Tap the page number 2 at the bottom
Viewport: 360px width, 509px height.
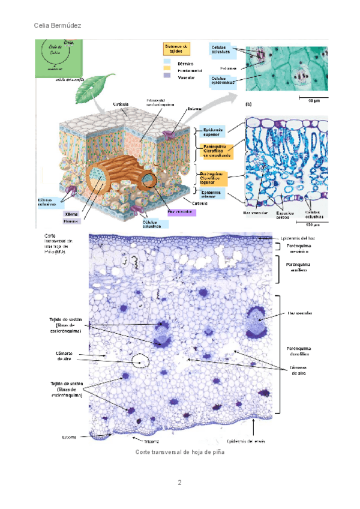point(179,483)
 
